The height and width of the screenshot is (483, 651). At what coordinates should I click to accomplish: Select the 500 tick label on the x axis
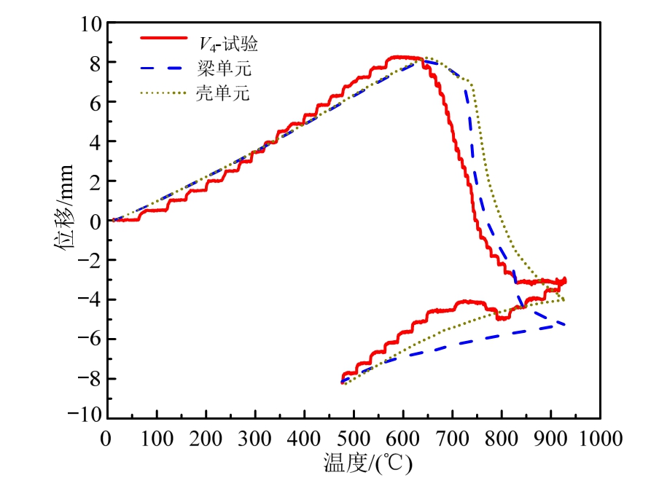tap(354, 439)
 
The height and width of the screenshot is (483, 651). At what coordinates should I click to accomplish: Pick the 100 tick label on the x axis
tap(157, 439)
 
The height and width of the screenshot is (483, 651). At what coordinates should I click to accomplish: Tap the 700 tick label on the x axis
tap(453, 439)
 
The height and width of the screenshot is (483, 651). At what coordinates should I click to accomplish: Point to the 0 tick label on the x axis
tap(108, 439)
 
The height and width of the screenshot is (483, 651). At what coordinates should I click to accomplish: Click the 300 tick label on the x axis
tap(255, 439)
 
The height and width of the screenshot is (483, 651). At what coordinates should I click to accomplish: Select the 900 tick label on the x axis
tap(551, 439)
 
